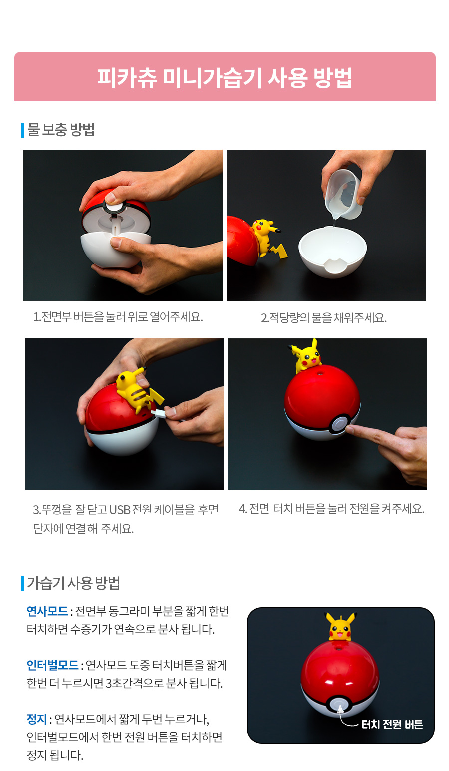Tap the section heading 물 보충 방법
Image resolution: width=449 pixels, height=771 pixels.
(61, 129)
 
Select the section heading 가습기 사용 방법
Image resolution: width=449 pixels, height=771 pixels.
(74, 583)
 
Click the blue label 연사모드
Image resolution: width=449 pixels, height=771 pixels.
(47, 611)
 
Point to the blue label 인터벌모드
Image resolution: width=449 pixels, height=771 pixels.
(53, 665)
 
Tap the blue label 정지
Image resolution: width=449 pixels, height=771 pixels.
(37, 719)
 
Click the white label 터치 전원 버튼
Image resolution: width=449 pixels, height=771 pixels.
(392, 724)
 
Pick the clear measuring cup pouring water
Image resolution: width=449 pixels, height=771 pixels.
(343, 195)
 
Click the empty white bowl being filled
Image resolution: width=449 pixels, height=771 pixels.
(332, 251)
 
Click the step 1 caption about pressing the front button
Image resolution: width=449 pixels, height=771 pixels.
(118, 317)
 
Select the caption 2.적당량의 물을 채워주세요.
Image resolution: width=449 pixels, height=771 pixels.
(323, 318)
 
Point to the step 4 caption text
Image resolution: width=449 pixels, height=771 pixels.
(332, 509)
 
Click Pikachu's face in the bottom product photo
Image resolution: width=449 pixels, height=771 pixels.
(340, 632)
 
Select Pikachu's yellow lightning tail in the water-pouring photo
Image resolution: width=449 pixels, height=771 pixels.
(279, 251)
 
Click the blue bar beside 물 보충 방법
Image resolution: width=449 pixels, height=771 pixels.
(23, 130)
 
